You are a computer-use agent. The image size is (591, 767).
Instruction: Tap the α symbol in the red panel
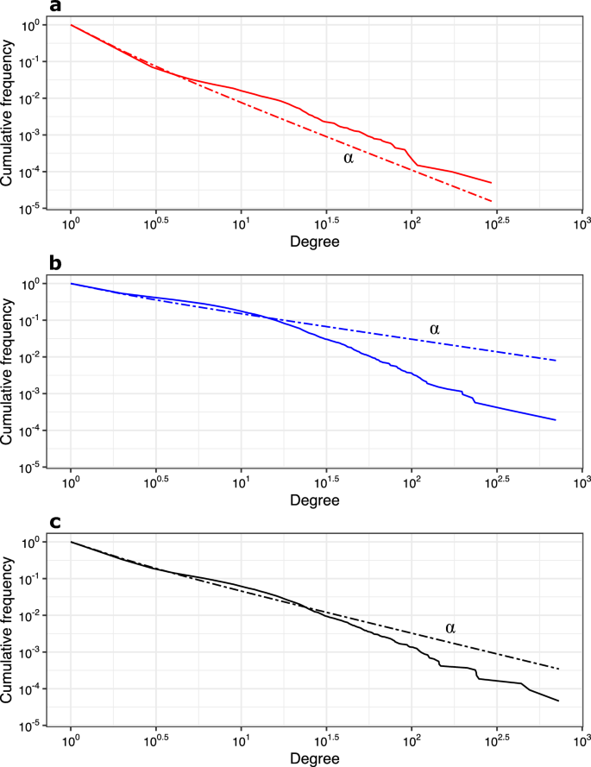tap(349, 158)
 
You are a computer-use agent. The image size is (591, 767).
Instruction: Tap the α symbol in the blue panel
tap(435, 329)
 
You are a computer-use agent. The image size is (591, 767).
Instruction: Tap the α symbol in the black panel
tap(450, 626)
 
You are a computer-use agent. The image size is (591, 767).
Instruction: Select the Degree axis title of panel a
tap(314, 242)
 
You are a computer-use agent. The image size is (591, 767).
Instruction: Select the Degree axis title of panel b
tap(314, 500)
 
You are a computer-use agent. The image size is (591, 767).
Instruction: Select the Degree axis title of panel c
tap(314, 758)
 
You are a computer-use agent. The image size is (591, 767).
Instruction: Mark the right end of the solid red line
tap(491, 183)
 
